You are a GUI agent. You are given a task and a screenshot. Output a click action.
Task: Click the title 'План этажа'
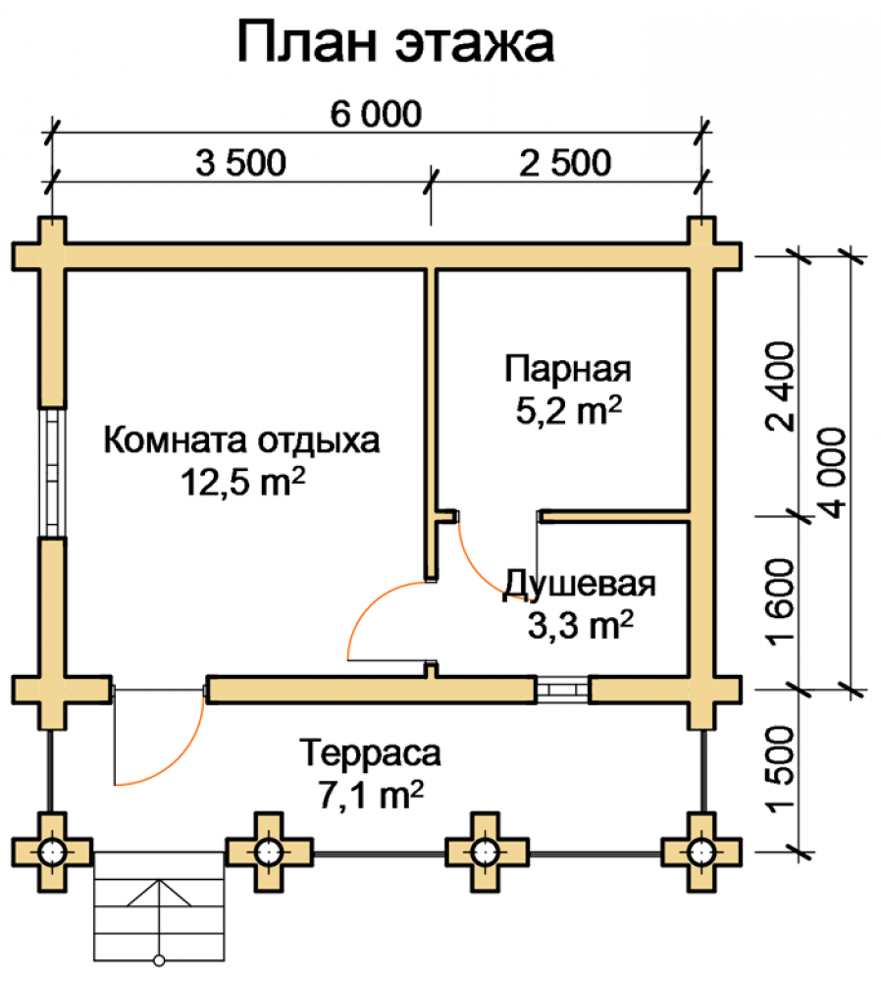395,42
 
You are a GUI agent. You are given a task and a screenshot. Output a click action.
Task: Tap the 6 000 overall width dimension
376,114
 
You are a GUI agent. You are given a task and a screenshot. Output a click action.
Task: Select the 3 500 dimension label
241,163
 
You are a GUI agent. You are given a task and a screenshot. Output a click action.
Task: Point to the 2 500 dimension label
565,163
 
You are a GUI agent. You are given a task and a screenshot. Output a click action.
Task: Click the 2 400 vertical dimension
779,387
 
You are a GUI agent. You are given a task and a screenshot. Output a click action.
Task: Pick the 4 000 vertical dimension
832,473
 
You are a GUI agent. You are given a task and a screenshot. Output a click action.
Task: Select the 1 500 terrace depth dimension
779,769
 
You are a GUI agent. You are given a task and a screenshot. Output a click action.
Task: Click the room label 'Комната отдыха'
241,440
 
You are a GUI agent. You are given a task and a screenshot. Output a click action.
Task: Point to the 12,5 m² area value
242,482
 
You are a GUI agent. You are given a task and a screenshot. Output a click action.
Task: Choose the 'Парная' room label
568,369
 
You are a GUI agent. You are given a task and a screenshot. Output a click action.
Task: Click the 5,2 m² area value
569,410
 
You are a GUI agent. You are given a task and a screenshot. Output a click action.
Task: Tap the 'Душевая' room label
580,584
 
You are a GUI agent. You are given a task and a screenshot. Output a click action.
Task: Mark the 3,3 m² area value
581,625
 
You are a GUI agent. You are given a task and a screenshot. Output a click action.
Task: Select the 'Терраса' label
371,753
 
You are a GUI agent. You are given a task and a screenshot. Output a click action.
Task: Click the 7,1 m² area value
371,796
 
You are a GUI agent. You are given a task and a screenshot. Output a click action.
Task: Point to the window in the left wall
53,473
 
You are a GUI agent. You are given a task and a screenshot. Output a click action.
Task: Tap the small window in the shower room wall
562,690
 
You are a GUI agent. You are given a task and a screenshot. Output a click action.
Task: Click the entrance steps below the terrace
159,905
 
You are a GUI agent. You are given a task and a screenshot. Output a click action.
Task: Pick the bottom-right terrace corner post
701,852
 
